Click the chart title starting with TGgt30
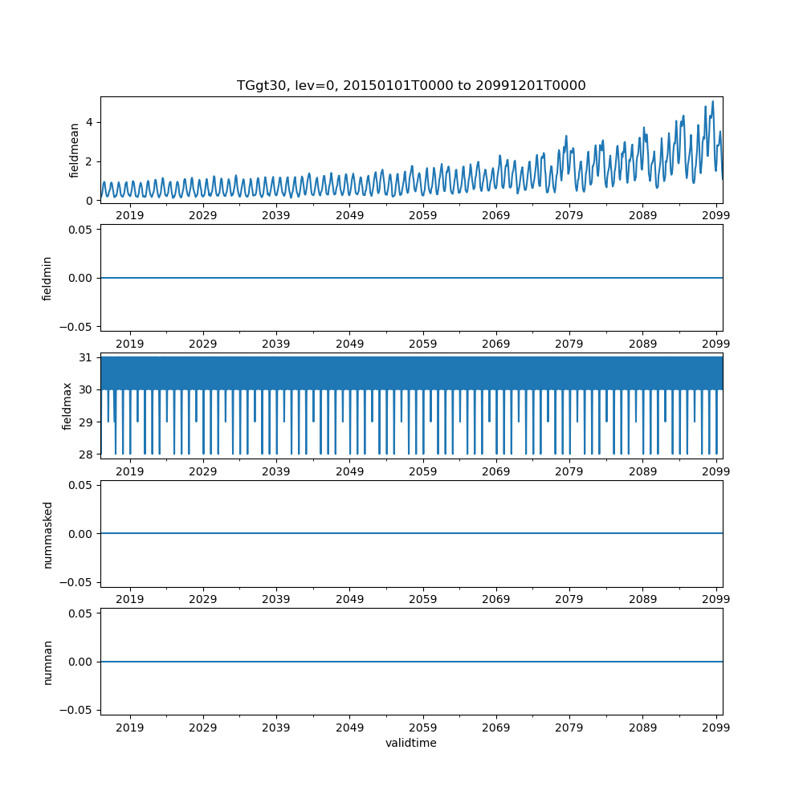(411, 85)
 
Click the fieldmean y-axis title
(75, 150)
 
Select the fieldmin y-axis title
(47, 278)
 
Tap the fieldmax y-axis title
(67, 406)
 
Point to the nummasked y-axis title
(47, 534)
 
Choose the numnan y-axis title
(47, 662)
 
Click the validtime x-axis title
(411, 743)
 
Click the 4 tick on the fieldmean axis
(90, 123)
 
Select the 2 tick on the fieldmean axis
(90, 161)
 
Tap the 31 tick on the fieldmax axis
(86, 357)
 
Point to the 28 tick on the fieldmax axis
(86, 454)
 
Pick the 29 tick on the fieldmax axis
(86, 422)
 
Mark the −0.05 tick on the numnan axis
(79, 710)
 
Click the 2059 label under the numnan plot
(422, 728)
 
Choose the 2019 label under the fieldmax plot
(130, 471)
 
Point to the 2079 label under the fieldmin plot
(569, 344)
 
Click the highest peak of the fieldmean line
(712, 102)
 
